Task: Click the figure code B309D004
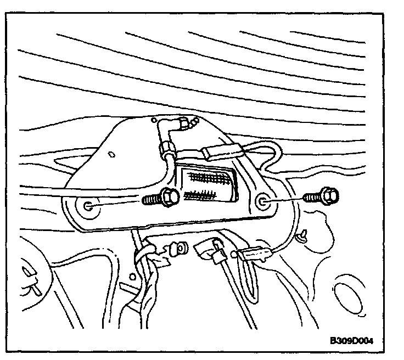pyautogui.click(x=355, y=340)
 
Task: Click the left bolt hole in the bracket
pyautogui.click(x=88, y=207)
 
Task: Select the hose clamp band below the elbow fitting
pyautogui.click(x=165, y=147)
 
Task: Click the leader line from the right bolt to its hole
pyautogui.click(x=285, y=200)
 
